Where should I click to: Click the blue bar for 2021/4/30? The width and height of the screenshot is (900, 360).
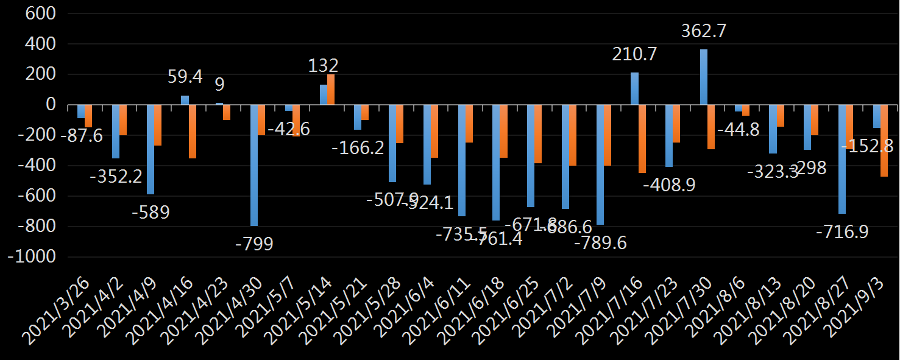(254, 165)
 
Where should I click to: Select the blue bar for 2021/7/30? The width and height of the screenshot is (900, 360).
(704, 77)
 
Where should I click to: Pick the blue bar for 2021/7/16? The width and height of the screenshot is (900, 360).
(634, 89)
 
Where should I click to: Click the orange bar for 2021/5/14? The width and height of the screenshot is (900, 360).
(331, 90)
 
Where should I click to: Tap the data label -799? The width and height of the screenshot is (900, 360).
(254, 244)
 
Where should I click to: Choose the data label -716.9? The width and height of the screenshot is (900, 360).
(842, 232)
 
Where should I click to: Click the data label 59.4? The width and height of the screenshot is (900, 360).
(185, 77)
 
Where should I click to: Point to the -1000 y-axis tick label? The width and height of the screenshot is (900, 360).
(32, 257)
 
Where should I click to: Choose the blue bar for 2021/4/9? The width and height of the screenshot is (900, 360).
(151, 149)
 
